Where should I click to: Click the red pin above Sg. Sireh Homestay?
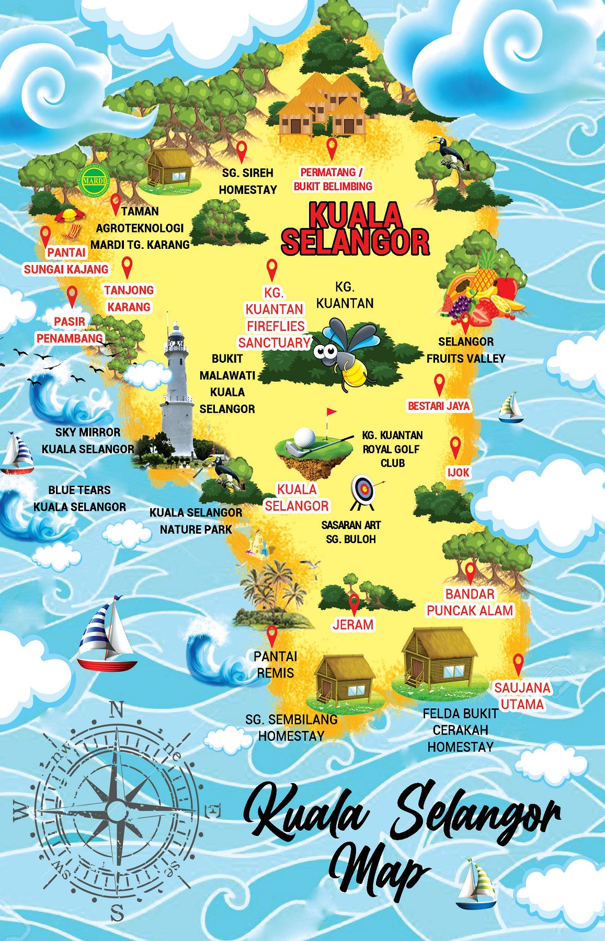pyautogui.click(x=241, y=151)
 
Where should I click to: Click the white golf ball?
pyautogui.click(x=304, y=437)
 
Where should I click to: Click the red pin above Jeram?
pyautogui.click(x=354, y=603)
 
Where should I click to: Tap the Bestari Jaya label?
pyautogui.click(x=439, y=406)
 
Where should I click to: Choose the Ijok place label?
pyautogui.click(x=458, y=472)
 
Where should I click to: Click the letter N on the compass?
pyautogui.click(x=116, y=709)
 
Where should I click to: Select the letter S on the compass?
pyautogui.click(x=117, y=913)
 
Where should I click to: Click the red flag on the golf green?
pyautogui.click(x=331, y=413)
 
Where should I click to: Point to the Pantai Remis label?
pyautogui.click(x=275, y=664)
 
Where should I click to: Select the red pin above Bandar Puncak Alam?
pyautogui.click(x=470, y=572)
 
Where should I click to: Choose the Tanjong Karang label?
pyautogui.click(x=129, y=299)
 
